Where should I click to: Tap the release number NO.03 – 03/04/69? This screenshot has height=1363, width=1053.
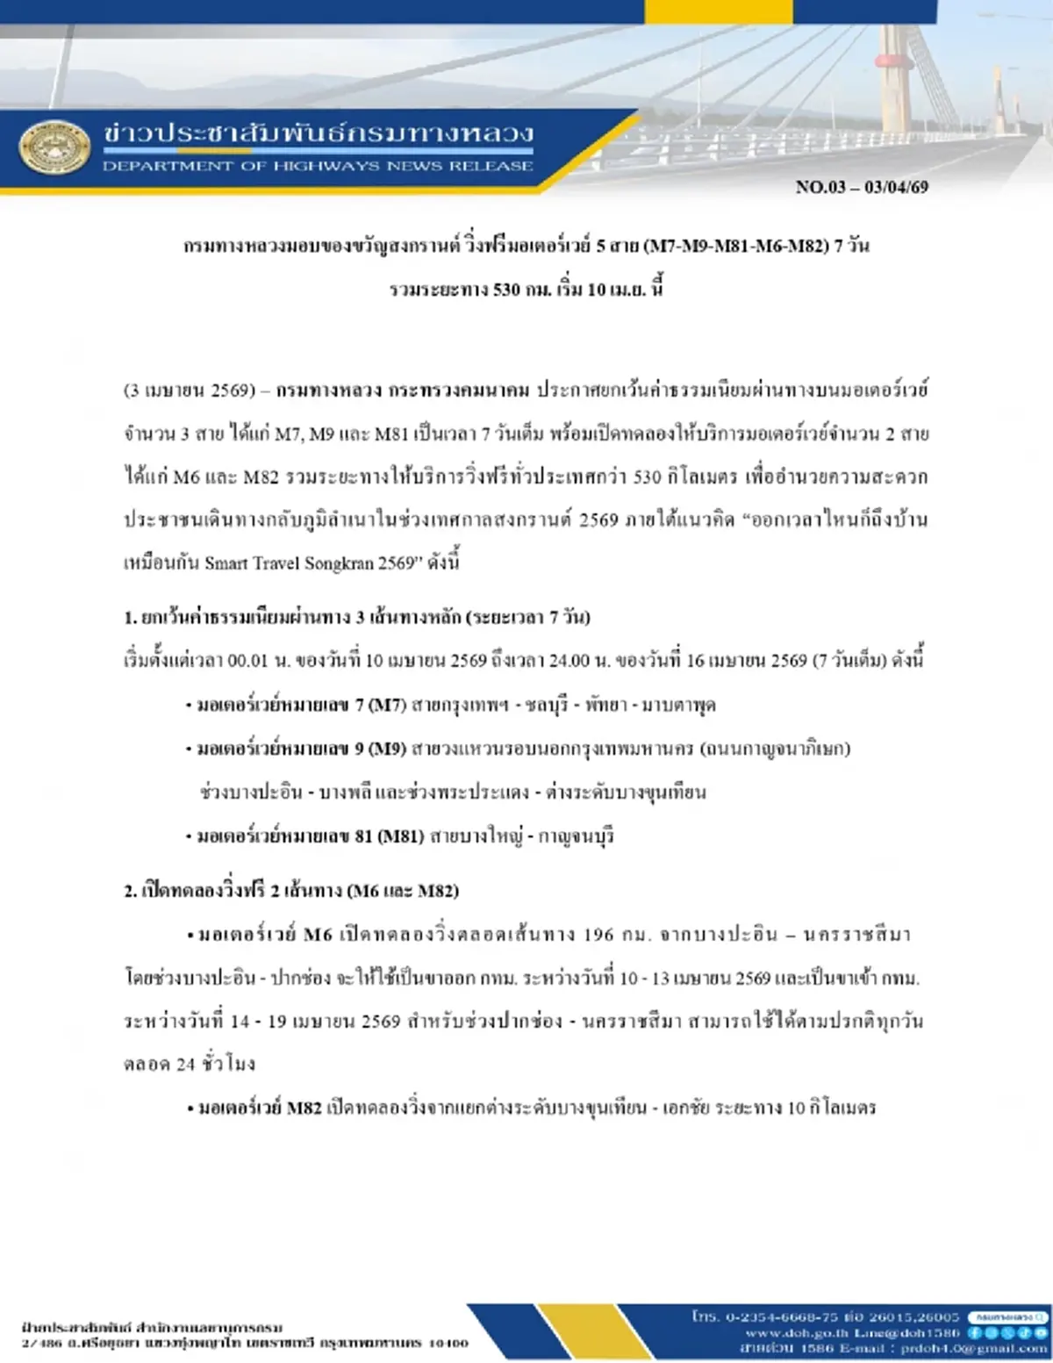[862, 187]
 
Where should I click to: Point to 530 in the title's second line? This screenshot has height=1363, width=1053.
[506, 290]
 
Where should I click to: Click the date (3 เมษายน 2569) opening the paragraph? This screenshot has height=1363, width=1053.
[189, 391]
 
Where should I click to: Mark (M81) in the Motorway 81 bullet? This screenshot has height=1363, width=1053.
[401, 836]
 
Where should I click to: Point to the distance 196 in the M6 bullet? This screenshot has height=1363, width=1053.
[598, 935]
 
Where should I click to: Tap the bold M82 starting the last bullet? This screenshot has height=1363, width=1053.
[304, 1108]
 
